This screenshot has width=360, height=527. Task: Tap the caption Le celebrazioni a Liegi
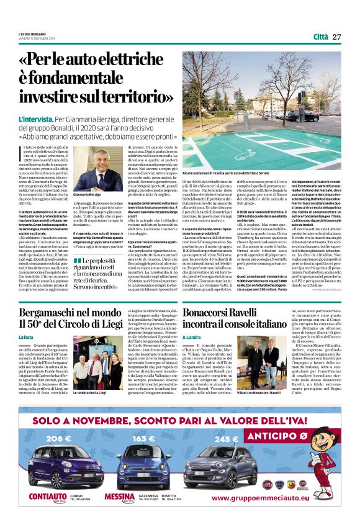[89, 393]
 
